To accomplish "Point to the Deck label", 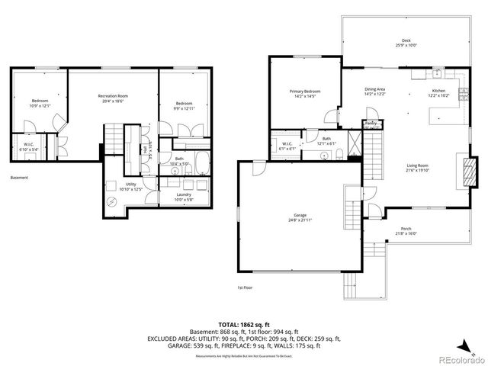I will tap(406, 43).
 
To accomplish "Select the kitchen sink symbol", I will tap(437, 75).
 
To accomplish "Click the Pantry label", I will tap(371, 123).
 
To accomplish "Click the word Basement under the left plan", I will tap(20, 178).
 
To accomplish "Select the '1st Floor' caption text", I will tap(245, 287).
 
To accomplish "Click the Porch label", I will tap(406, 231).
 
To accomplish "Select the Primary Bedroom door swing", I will tap(329, 118).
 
